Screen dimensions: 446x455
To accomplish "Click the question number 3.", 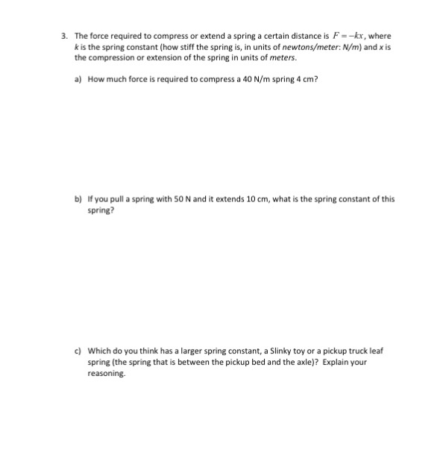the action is (65, 36).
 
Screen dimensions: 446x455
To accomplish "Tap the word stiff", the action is (189, 46).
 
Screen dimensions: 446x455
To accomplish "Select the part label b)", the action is (78, 200).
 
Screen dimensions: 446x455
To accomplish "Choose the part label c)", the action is (78, 350).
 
